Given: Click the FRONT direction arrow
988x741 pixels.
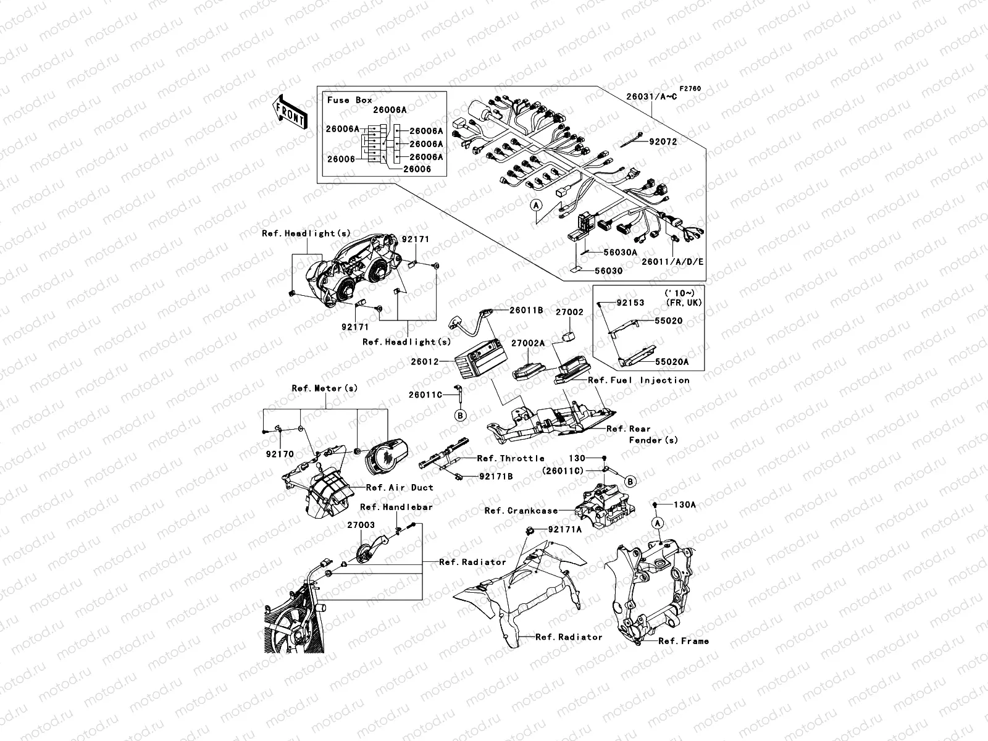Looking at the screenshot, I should [290, 112].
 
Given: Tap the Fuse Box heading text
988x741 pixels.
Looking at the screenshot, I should [350, 99].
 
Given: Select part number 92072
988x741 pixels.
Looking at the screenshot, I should [663, 141].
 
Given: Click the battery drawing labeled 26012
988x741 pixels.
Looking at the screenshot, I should [480, 364].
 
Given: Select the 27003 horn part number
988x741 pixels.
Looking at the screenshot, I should [360, 525].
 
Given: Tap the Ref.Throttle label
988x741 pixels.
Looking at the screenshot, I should [511, 458].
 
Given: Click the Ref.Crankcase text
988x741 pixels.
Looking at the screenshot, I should [521, 511].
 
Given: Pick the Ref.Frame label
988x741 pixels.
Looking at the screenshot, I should [684, 641].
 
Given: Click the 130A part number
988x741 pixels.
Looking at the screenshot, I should [684, 504].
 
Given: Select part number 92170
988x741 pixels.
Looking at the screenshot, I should [280, 453].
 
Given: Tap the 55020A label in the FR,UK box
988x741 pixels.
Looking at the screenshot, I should [672, 362].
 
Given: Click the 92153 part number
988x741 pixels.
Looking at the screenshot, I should [630, 303].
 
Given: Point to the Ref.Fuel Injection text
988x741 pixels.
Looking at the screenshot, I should [638, 380].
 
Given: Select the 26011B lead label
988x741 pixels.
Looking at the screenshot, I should [526, 310].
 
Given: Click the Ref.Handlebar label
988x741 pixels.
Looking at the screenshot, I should [396, 507].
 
